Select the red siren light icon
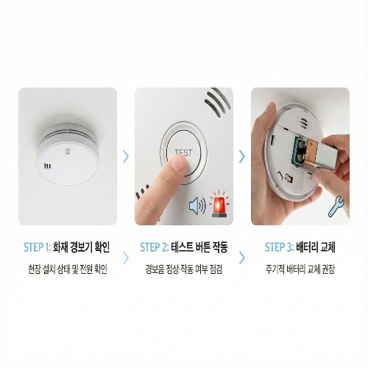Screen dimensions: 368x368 pos(219,206)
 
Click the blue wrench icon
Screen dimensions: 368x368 pos(336,209)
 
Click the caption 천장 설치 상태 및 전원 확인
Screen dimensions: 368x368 pos(68,269)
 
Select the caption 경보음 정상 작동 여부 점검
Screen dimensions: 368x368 pos(184,269)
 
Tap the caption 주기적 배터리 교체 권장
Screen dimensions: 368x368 pos(300,269)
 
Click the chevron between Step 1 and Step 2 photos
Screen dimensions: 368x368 pos(126,156)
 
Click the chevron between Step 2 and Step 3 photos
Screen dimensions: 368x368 pos(241,156)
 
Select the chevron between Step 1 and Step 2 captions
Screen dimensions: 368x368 pos(126,258)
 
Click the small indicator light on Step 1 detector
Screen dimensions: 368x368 pos(68,153)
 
